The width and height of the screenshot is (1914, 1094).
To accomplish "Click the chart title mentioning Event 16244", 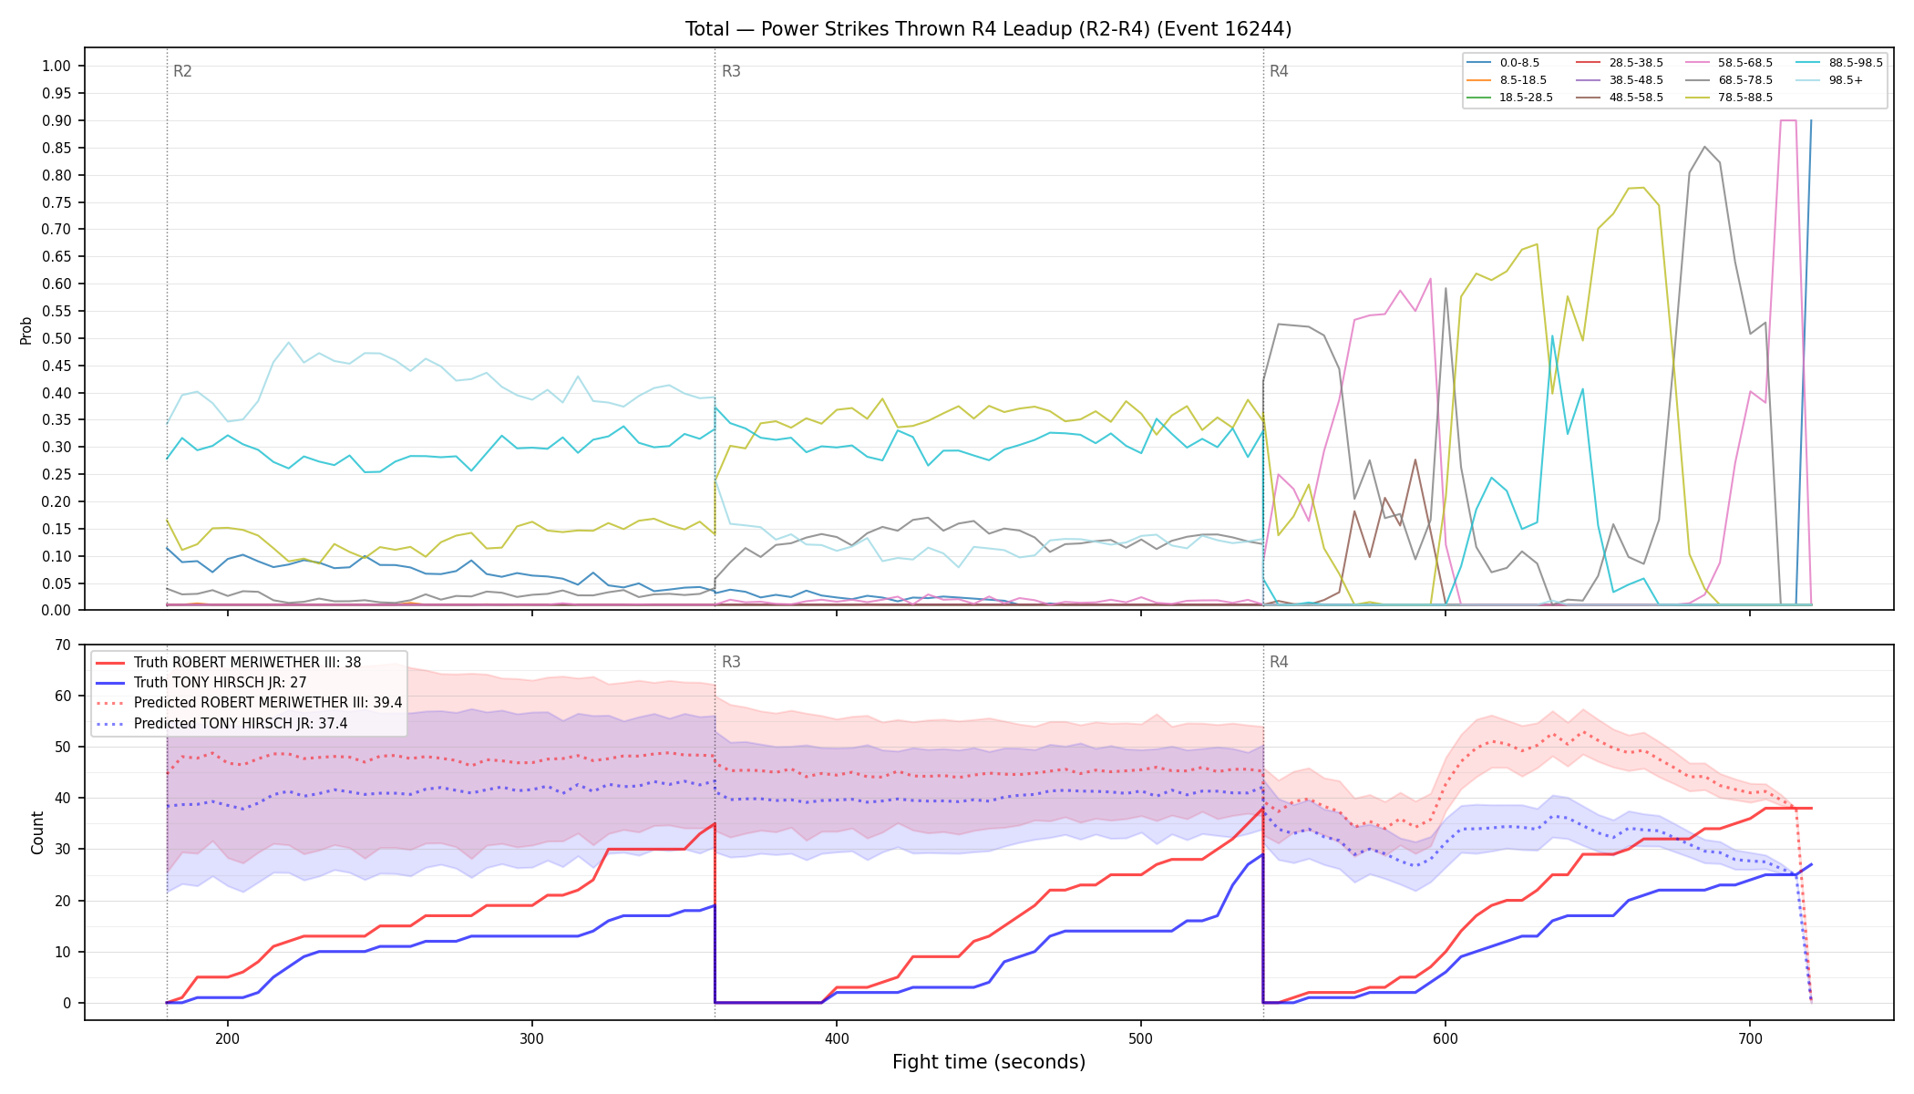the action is click(x=988, y=29).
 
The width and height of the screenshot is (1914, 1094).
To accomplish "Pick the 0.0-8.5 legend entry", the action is click(x=1503, y=63).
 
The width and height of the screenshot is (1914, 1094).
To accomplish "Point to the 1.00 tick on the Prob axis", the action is click(x=57, y=66).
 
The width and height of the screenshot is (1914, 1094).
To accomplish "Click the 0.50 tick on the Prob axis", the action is click(x=57, y=338).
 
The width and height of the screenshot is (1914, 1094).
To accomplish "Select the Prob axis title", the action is click(x=26, y=330).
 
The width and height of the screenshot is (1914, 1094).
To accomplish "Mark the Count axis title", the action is click(x=37, y=832).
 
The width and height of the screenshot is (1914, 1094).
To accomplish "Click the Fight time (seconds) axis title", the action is click(x=989, y=1062).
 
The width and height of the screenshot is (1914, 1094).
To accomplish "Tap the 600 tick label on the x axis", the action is click(x=1446, y=1038).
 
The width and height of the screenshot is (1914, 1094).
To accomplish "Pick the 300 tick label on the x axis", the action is click(x=532, y=1038).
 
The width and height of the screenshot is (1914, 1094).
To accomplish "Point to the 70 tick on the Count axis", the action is click(x=63, y=645).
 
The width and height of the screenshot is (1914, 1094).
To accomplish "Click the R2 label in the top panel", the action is click(x=182, y=71).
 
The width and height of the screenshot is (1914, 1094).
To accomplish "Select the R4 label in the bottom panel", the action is click(x=1279, y=662).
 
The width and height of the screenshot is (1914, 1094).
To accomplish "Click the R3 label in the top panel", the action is click(x=731, y=71).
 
